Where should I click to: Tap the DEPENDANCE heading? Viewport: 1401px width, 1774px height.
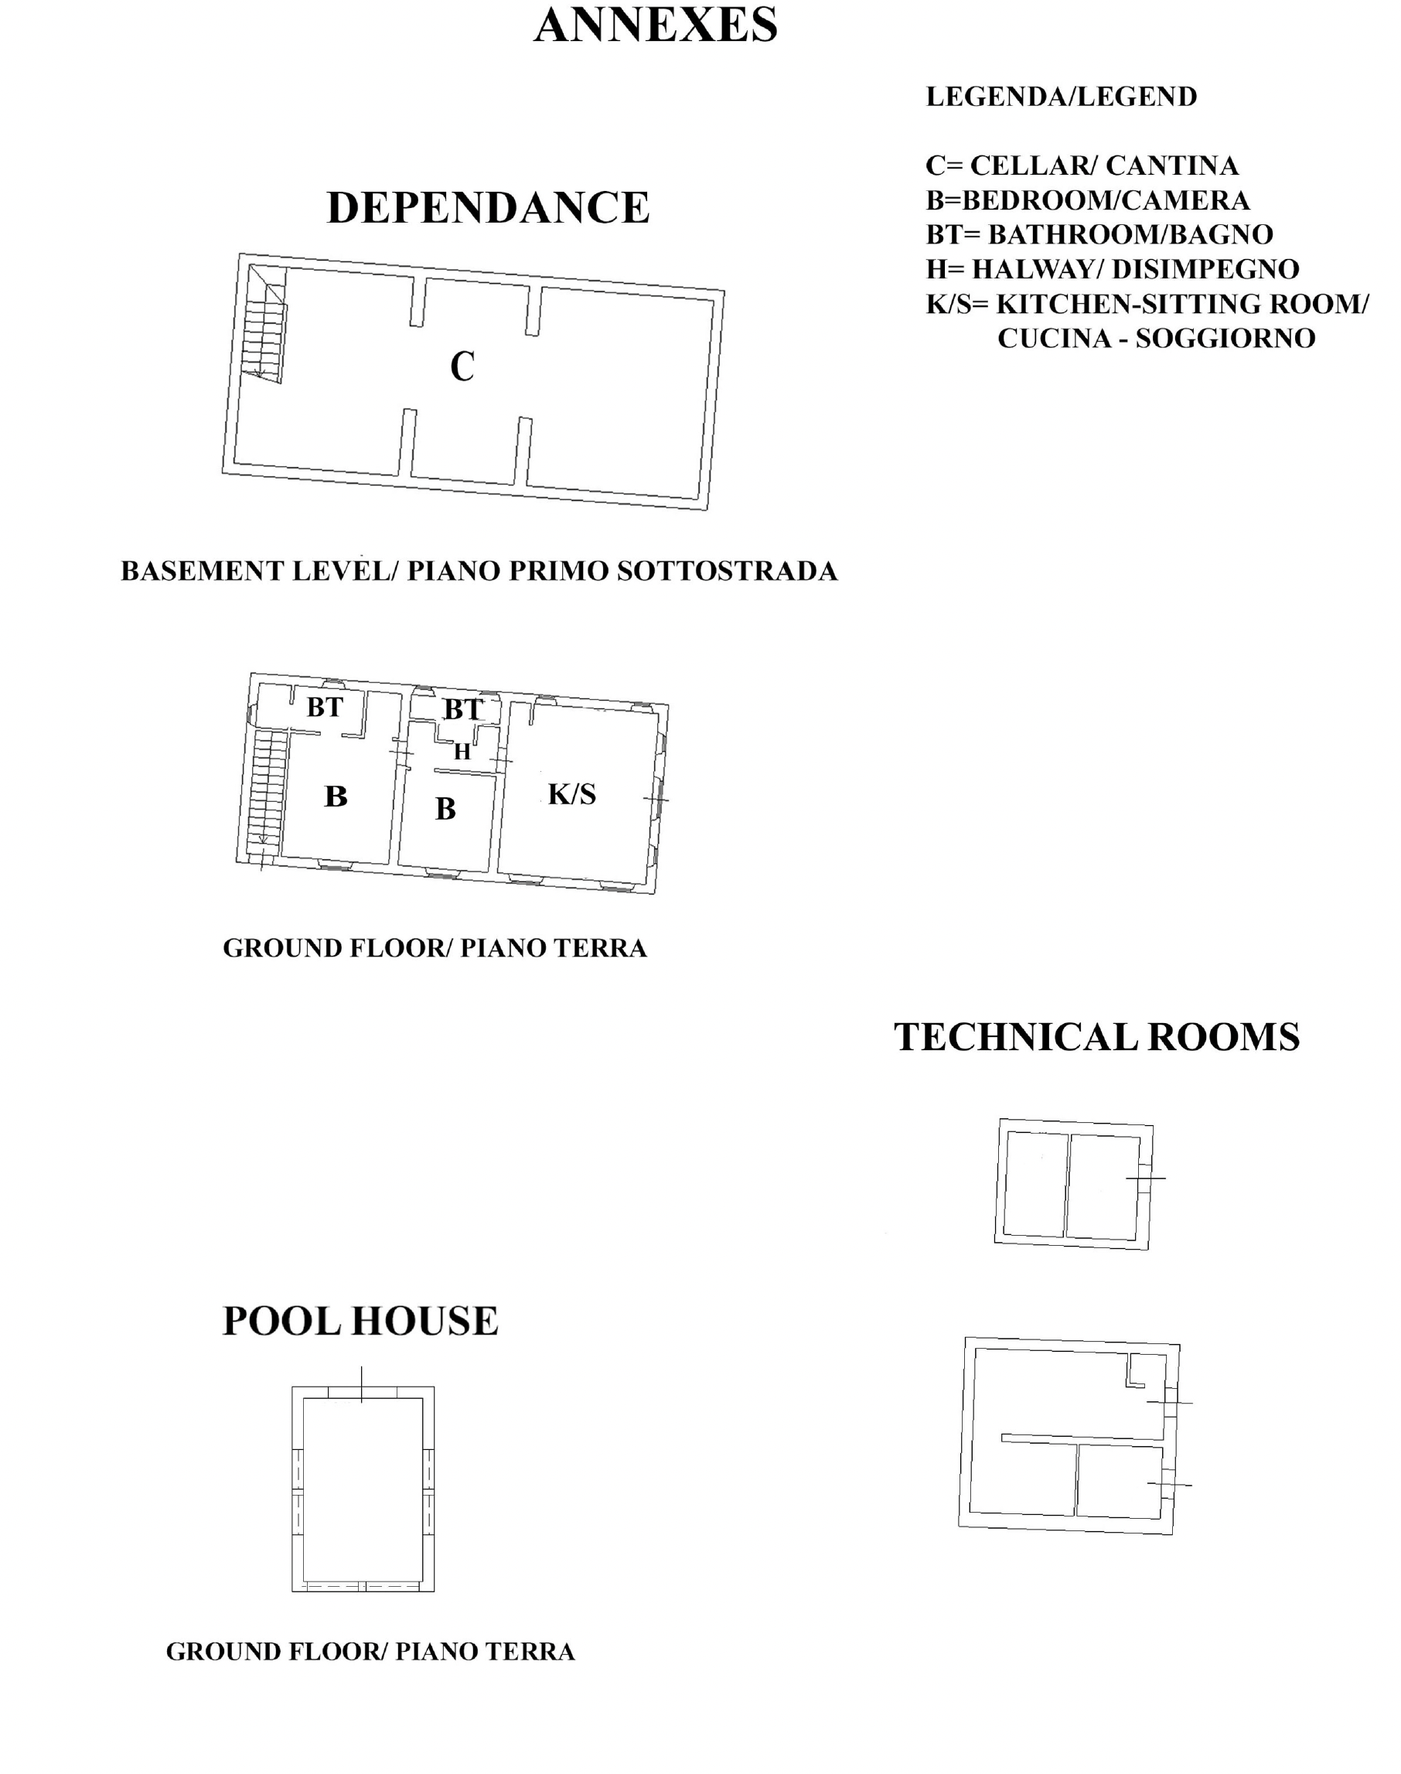point(488,206)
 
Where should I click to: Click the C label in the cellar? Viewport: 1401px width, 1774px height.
point(462,366)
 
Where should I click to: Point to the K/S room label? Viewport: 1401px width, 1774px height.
point(571,793)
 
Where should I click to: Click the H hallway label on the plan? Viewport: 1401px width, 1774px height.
point(462,751)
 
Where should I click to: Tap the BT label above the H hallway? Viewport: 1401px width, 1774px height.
point(462,709)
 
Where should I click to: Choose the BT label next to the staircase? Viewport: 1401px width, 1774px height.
point(325,707)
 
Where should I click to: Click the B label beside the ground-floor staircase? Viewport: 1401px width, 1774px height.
point(336,796)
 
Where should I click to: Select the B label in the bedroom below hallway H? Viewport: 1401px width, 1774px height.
point(445,809)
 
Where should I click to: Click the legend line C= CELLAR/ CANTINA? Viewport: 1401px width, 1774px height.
point(1082,165)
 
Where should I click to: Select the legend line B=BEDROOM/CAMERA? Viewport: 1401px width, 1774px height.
point(1088,200)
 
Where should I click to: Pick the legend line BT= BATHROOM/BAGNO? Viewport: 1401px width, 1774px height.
point(1099,234)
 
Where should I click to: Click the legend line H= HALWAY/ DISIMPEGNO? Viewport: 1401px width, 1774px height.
point(1113,269)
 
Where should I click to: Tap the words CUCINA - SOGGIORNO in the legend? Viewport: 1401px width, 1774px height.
point(1157,338)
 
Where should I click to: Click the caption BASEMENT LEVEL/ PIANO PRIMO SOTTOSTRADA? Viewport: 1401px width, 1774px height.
point(479,571)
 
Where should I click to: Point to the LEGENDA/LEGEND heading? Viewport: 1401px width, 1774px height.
point(1062,97)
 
